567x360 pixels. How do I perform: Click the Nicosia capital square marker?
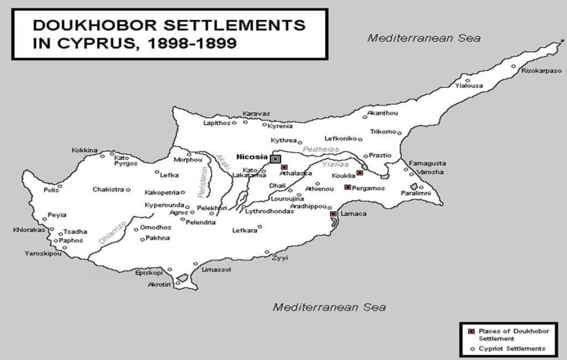pyautogui.click(x=275, y=158)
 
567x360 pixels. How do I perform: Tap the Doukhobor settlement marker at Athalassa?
pyautogui.click(x=284, y=167)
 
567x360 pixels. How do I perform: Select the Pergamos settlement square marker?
pyautogui.click(x=347, y=187)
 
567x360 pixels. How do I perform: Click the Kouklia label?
pyautogui.click(x=343, y=176)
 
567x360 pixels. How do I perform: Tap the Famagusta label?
pyautogui.click(x=427, y=163)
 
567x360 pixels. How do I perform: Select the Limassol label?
pyautogui.click(x=217, y=270)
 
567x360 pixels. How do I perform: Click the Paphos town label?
pyautogui.click(x=71, y=240)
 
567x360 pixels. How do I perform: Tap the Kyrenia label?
pyautogui.click(x=281, y=126)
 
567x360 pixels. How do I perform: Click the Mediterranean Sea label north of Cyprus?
pyautogui.click(x=424, y=38)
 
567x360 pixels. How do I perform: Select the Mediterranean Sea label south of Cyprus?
pyautogui.click(x=329, y=307)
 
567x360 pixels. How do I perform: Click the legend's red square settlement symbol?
pyautogui.click(x=471, y=331)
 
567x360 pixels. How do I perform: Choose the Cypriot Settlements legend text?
pyautogui.click(x=512, y=348)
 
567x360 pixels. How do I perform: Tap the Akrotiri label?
pyautogui.click(x=159, y=284)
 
